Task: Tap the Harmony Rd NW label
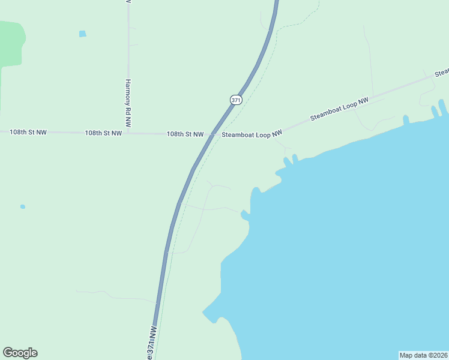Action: pyautogui.click(x=128, y=103)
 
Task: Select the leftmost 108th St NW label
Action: pyautogui.click(x=28, y=131)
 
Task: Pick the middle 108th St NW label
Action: pyautogui.click(x=103, y=133)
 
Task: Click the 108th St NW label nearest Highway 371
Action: pyautogui.click(x=185, y=134)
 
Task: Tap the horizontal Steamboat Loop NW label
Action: pyautogui.click(x=252, y=135)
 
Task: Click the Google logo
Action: pyautogui.click(x=20, y=353)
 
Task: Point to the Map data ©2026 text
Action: pyautogui.click(x=424, y=355)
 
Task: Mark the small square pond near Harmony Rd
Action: pyautogui.click(x=82, y=34)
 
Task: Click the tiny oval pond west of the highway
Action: pyautogui.click(x=23, y=206)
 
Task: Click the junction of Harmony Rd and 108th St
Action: pyautogui.click(x=128, y=133)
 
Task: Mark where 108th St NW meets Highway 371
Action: pyautogui.click(x=211, y=136)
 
